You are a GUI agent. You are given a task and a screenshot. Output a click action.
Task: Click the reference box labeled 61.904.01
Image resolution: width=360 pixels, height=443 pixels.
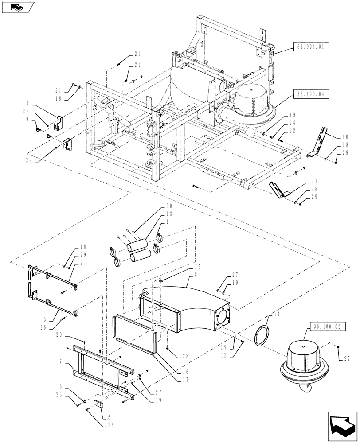click(310, 45)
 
